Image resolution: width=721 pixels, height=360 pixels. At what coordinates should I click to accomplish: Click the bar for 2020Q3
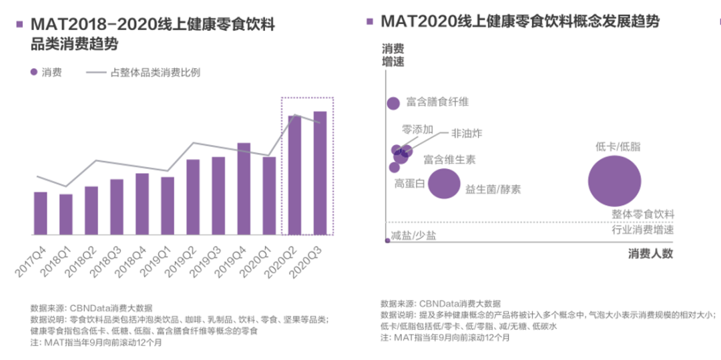pos(320,173)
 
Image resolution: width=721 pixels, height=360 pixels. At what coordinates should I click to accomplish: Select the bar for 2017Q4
pos(41,213)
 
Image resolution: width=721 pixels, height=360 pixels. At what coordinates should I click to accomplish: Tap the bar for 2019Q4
pos(244,188)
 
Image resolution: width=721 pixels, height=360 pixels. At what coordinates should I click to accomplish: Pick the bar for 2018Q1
pos(66,214)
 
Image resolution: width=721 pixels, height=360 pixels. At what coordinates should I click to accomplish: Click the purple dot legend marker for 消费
pos(33,72)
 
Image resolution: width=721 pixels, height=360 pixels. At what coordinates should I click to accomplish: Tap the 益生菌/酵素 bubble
pos(444,184)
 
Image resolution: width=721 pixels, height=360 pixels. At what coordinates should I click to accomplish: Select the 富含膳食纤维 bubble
pos(393,103)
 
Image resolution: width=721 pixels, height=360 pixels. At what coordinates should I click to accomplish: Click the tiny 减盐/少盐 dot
pos(388,240)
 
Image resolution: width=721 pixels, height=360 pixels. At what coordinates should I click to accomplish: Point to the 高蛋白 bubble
pos(394,168)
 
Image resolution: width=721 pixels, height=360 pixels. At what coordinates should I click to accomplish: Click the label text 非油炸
pos(466,133)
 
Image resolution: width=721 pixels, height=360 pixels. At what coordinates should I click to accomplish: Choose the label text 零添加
pos(417,130)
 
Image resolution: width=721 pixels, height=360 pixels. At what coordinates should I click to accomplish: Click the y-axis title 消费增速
pos(393,55)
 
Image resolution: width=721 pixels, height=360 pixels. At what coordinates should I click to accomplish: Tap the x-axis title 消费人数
pos(650,254)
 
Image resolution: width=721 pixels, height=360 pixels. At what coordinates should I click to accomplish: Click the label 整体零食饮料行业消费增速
pos(642,222)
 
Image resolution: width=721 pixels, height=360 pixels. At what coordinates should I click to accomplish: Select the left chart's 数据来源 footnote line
pos(91,308)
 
